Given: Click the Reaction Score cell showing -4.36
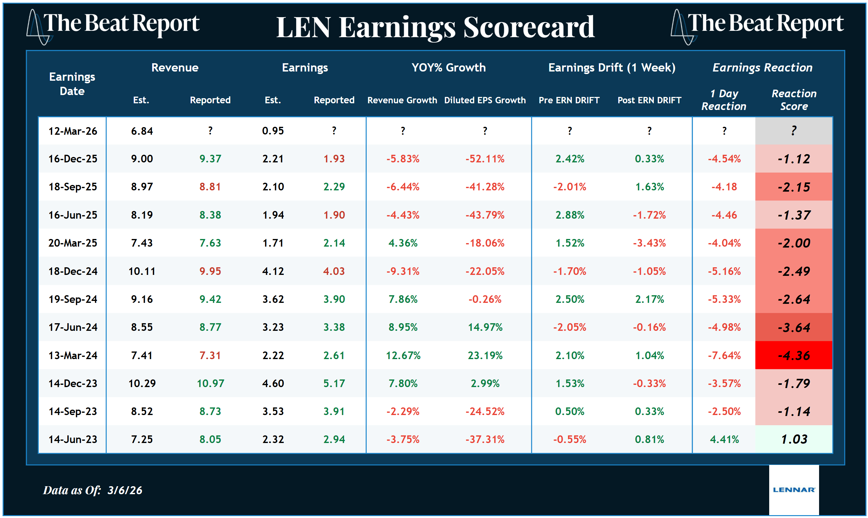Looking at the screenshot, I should pos(794,355).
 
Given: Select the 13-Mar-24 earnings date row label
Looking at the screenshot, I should pos(72,355).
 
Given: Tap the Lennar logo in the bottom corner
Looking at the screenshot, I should pos(794,489).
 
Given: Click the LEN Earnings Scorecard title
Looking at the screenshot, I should pos(435,27).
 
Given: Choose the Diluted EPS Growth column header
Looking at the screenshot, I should pos(485,100).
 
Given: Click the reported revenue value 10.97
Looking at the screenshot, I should pos(210,383).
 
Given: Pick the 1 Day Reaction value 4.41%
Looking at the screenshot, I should pos(724,439).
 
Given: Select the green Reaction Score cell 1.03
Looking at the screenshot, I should pos(794,439).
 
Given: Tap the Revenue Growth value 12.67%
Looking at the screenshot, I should pos(403,355).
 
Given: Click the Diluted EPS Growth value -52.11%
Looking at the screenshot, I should pos(485,159).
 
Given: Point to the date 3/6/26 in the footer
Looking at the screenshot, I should pos(125,490).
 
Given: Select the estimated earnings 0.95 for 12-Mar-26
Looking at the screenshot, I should pos(273,131).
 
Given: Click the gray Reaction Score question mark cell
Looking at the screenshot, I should pos(794,131).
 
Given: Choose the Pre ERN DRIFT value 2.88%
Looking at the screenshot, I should pos(570,215).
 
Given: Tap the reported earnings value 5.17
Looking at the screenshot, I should pos(334,383).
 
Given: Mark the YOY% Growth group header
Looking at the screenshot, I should pos(448,67).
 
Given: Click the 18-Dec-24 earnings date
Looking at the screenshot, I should pos(72,271).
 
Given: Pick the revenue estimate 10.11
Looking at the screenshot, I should pos(142,271).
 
